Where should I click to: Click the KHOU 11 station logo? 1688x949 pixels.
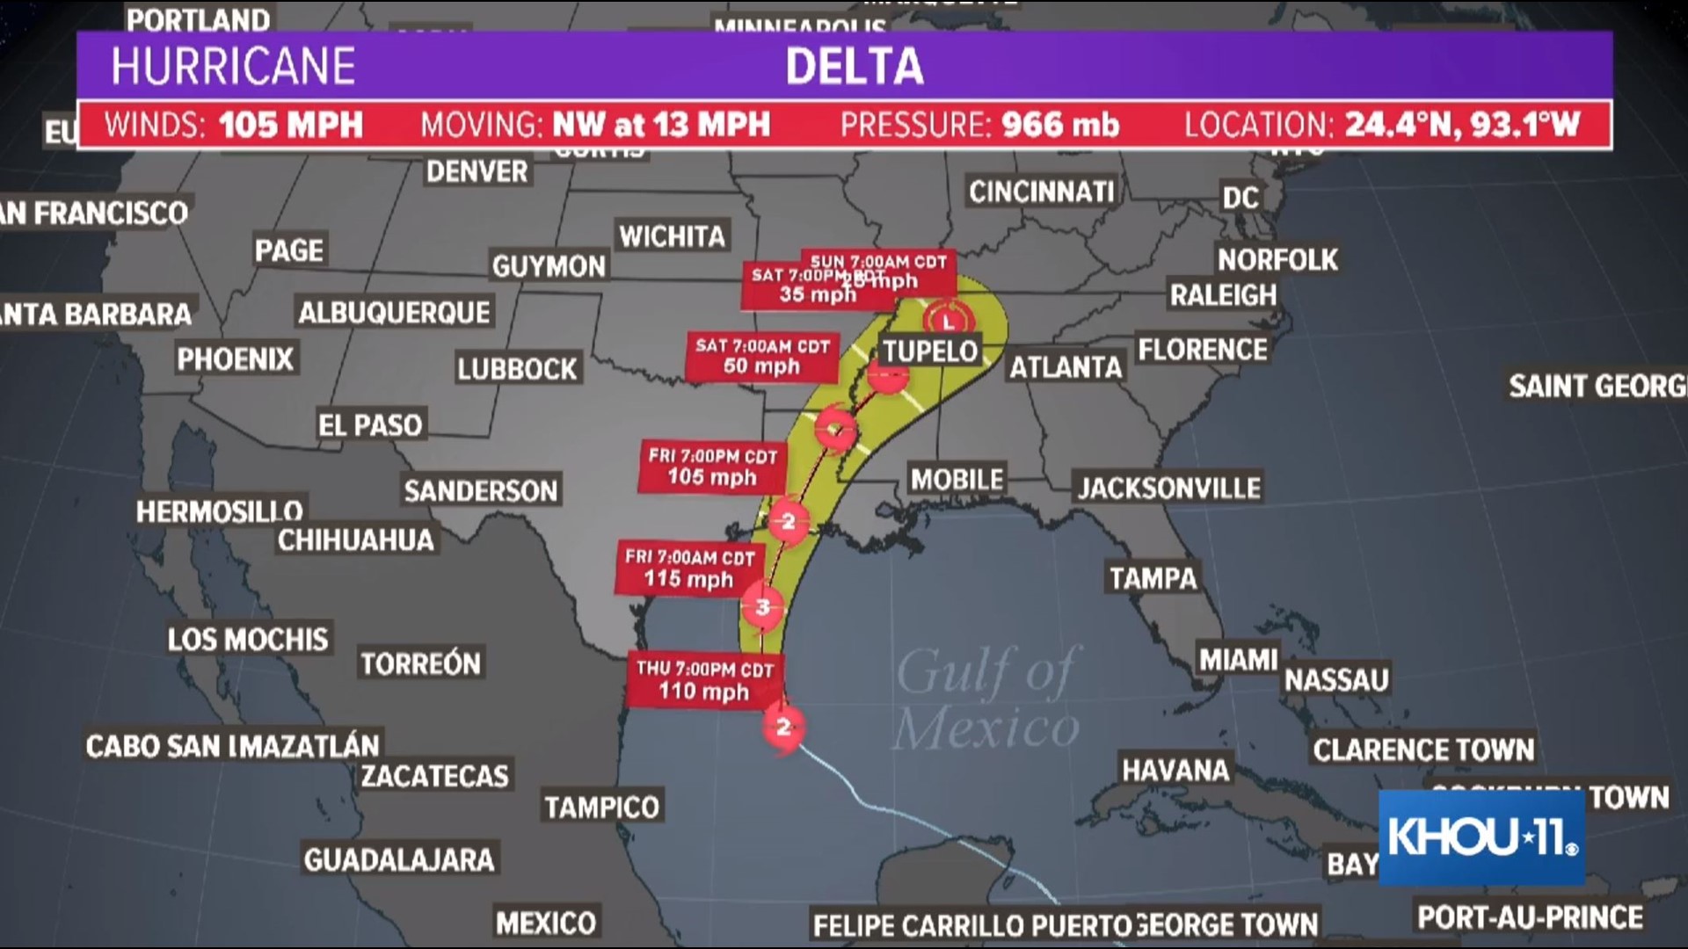pos(1481,837)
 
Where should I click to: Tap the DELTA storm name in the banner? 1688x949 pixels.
pos(854,67)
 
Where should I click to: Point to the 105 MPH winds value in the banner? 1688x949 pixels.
pos(290,126)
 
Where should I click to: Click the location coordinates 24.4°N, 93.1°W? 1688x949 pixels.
pos(1462,126)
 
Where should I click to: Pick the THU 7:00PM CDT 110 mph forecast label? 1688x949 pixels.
pos(704,681)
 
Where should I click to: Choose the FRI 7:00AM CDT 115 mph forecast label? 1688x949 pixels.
pos(689,568)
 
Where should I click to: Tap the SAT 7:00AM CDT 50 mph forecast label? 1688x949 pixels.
pos(761,357)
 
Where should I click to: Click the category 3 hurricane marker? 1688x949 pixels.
pos(762,606)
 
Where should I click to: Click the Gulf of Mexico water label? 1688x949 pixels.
pos(986,699)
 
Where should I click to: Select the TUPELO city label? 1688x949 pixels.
pos(930,351)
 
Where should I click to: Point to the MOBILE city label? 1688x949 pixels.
pos(957,480)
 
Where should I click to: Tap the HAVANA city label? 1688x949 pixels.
pos(1175,771)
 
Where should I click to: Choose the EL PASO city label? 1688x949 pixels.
pos(370,425)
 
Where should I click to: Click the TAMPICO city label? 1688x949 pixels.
pos(601,807)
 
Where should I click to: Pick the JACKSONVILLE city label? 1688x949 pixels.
pos(1169,488)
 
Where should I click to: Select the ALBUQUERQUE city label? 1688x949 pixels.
pos(394,312)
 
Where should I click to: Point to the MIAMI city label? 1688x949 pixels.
pos(1238,659)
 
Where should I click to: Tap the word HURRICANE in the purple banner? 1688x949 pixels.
pos(233,67)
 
